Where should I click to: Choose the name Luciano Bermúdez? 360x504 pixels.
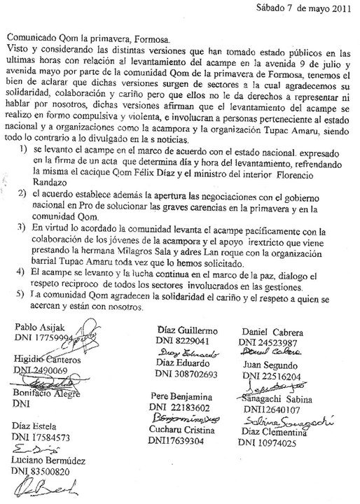pyautogui.click(x=48, y=462)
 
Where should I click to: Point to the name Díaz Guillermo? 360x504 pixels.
pyautogui.click(x=189, y=330)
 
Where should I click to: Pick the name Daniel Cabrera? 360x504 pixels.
pyautogui.click(x=272, y=331)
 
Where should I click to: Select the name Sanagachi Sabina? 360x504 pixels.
pyautogui.click(x=279, y=399)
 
